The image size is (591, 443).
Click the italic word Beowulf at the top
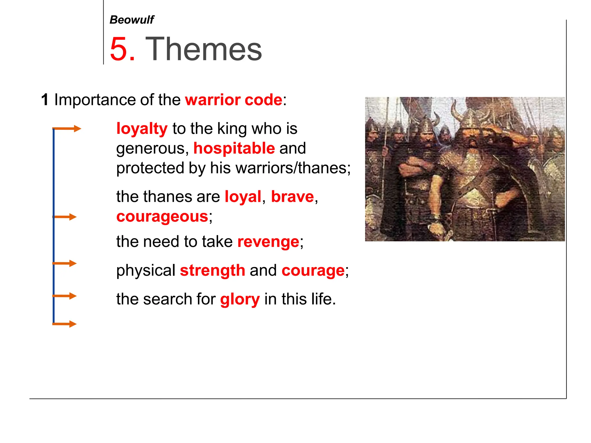click(x=132, y=20)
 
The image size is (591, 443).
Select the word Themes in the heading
click(x=203, y=49)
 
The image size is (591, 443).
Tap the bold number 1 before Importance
click(x=45, y=100)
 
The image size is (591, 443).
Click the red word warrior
click(x=213, y=100)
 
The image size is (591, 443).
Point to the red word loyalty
click(x=142, y=129)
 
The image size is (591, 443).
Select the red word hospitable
click(x=234, y=148)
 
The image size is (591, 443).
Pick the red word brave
click(x=292, y=197)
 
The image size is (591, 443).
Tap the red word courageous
click(x=162, y=216)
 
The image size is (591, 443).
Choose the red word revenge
click(x=268, y=242)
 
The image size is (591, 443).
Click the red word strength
click(x=212, y=271)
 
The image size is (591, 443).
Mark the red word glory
click(x=240, y=299)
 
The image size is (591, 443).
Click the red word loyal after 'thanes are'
click(x=243, y=197)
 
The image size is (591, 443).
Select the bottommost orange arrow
click(x=65, y=324)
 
